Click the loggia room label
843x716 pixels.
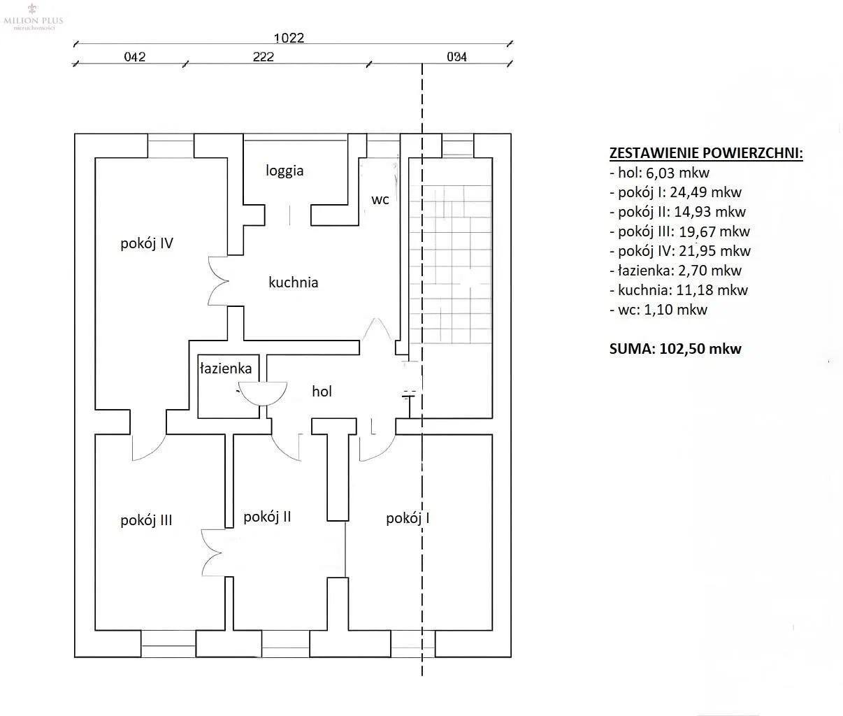pyautogui.click(x=284, y=171)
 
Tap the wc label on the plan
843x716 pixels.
pyautogui.click(x=380, y=199)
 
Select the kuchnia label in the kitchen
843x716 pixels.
pyautogui.click(x=293, y=282)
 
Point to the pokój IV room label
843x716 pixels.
pyautogui.click(x=147, y=243)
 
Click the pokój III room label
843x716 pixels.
pyautogui.click(x=146, y=520)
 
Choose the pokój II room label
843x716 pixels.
pyautogui.click(x=267, y=517)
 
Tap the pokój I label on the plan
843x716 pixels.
pyautogui.click(x=408, y=518)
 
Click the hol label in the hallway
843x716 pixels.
pyautogui.click(x=322, y=392)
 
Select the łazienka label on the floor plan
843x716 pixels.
pyautogui.click(x=226, y=368)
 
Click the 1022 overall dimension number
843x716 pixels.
pyautogui.click(x=289, y=38)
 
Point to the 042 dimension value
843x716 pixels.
pyautogui.click(x=134, y=57)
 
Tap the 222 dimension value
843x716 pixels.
pyautogui.click(x=263, y=57)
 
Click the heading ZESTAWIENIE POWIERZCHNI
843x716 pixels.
pyautogui.click(x=706, y=153)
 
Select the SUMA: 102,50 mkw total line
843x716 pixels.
pyautogui.click(x=675, y=348)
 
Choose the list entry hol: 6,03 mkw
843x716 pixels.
pyautogui.click(x=659, y=173)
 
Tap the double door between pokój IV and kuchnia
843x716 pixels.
pyautogui.click(x=219, y=281)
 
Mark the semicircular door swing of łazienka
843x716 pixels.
pyautogui.click(x=263, y=392)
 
